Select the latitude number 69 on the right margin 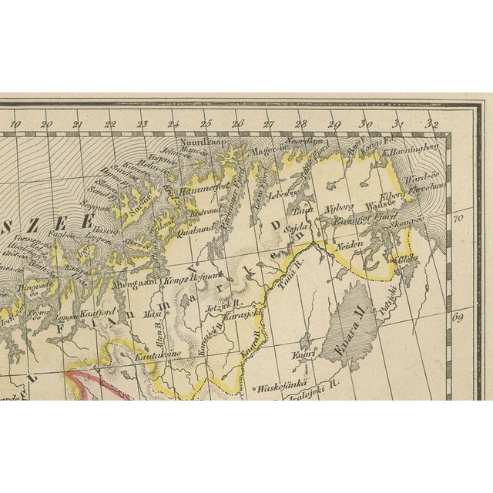(x=461, y=317)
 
